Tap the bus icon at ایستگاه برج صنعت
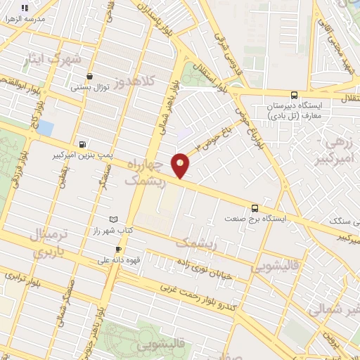(255, 207)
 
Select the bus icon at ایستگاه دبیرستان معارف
(294, 95)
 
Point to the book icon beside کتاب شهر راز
(114, 219)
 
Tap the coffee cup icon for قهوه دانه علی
(118, 249)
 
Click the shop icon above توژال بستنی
(89, 77)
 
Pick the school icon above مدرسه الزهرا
(25, 8)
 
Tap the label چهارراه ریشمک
(150, 172)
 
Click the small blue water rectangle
(45, 128)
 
